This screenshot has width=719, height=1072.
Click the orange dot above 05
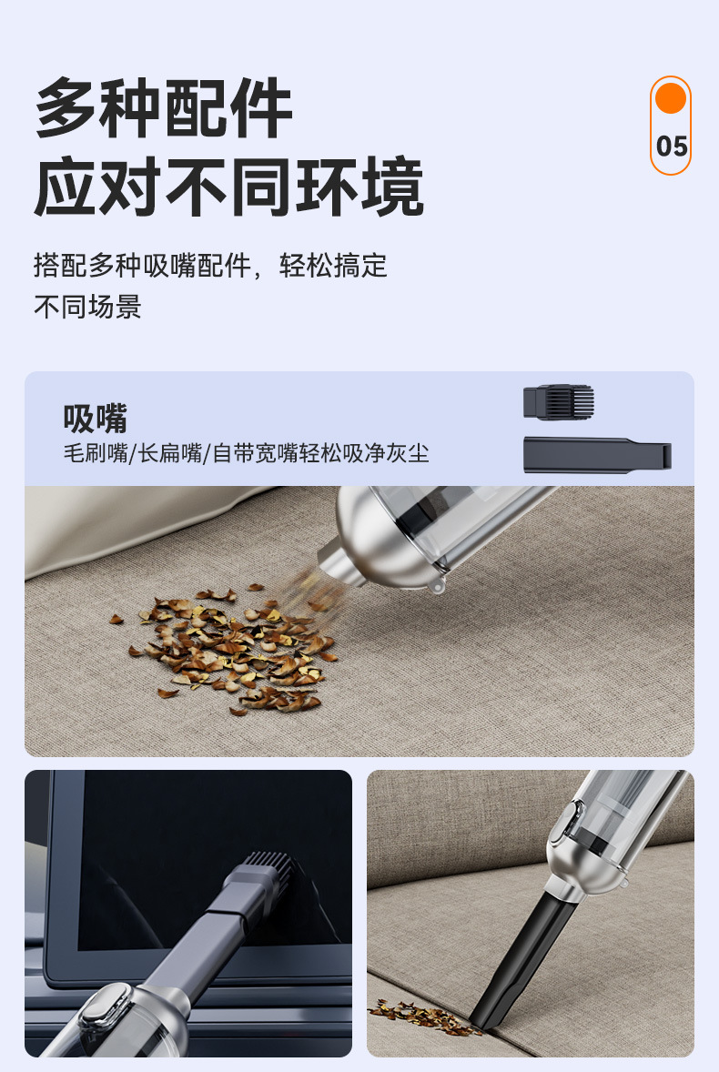(670, 97)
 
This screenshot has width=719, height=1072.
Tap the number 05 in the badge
(671, 147)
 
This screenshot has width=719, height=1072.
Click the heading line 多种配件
(164, 108)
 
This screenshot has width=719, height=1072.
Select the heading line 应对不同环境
(229, 186)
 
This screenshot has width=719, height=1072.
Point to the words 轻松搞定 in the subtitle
(333, 265)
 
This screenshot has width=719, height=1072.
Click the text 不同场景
(87, 307)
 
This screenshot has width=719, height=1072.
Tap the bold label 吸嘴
(95, 419)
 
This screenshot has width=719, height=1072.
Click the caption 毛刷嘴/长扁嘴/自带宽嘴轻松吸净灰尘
(246, 453)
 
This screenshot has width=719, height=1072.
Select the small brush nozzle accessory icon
(559, 402)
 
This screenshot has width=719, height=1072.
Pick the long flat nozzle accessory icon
(597, 455)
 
